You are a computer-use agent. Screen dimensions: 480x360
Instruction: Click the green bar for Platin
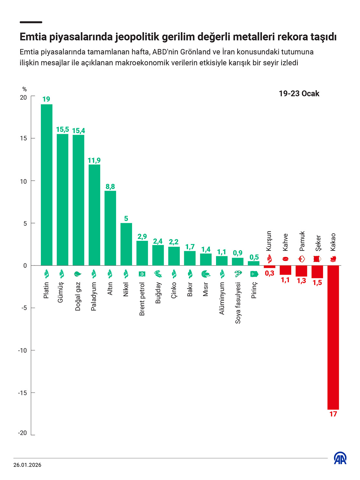tap(47, 185)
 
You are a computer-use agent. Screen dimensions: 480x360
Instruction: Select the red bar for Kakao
tap(333, 337)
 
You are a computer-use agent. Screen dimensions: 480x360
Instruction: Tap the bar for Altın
tap(110, 228)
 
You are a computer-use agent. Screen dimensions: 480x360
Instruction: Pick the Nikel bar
tap(126, 244)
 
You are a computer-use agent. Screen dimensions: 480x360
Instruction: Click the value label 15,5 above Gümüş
tap(62, 130)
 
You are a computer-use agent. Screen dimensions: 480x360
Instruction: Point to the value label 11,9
tap(94, 160)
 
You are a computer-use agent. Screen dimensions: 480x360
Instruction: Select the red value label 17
tap(333, 414)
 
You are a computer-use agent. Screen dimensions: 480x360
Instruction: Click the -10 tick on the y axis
tap(22, 350)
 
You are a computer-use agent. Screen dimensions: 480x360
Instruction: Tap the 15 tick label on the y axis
tap(23, 138)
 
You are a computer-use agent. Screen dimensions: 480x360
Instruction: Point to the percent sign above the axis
tap(24, 89)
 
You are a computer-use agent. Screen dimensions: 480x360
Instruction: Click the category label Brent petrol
tap(142, 299)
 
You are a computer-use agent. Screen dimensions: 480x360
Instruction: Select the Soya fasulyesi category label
tap(238, 303)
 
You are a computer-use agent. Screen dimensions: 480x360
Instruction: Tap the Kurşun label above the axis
tap(269, 241)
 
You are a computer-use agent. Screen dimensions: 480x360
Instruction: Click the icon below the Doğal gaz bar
tap(78, 274)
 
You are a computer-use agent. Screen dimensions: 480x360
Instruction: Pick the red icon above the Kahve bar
tap(285, 259)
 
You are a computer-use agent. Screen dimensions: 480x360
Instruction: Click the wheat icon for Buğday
tap(158, 274)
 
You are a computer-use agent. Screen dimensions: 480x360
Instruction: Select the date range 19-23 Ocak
tap(299, 94)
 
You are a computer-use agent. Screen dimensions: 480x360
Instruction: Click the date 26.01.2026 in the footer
tap(27, 465)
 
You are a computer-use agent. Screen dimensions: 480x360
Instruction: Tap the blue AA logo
tap(340, 458)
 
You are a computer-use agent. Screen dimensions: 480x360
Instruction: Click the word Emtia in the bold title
tap(33, 37)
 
